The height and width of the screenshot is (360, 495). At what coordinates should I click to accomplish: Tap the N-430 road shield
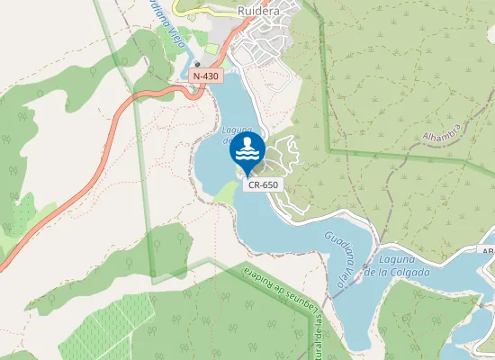pyautogui.click(x=205, y=76)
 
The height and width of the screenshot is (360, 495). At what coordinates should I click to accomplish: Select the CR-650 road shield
pyautogui.click(x=263, y=184)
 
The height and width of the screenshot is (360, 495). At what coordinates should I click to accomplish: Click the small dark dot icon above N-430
pyautogui.click(x=197, y=65)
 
